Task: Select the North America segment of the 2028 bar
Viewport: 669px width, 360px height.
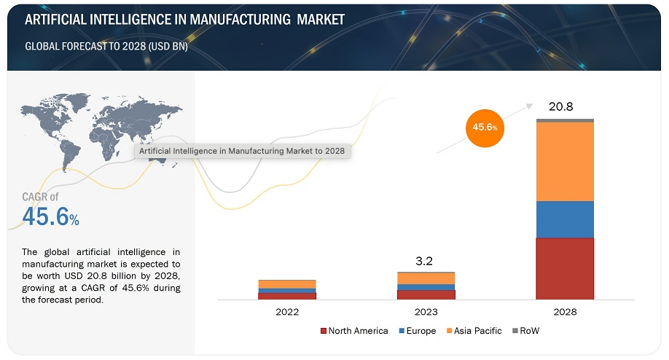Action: tap(565, 268)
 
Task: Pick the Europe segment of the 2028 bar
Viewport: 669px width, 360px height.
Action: tap(565, 219)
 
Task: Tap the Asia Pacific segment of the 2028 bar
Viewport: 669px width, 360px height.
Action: tap(565, 161)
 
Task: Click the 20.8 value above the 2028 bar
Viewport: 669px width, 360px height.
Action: tap(561, 106)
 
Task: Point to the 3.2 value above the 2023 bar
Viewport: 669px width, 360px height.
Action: tap(426, 259)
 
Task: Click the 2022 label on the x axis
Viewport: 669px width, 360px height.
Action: tap(287, 312)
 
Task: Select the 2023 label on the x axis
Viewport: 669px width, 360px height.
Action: tap(426, 312)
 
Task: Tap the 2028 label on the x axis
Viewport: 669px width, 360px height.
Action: tap(565, 312)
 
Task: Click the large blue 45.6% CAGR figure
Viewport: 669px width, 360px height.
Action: tap(50, 216)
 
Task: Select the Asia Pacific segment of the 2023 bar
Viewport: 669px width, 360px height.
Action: tap(426, 278)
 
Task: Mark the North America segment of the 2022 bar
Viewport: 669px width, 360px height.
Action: tap(287, 296)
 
